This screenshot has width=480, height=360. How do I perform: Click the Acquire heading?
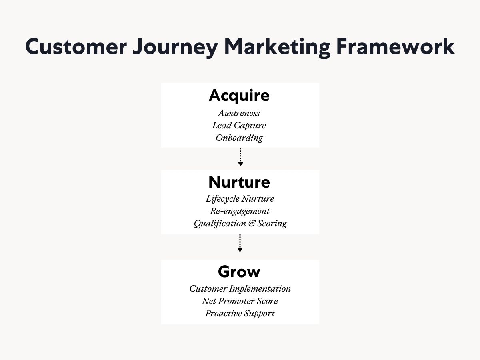[x=239, y=96]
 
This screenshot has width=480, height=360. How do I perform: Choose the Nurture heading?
[x=239, y=182]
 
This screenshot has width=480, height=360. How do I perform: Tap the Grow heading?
[x=239, y=272]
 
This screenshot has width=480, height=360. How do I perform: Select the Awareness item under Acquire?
[x=239, y=113]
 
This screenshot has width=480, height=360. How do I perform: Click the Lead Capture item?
[x=239, y=126]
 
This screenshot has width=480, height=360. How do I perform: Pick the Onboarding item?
[x=239, y=138]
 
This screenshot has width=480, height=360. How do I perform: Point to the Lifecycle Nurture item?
[x=240, y=199]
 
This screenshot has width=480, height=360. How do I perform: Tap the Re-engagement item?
[x=240, y=211]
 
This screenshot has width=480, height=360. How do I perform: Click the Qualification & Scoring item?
[x=240, y=224]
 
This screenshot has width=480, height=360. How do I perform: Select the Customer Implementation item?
[x=240, y=289]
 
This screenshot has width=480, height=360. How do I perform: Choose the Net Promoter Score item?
[x=240, y=301]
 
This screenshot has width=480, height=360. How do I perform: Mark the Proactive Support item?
[x=240, y=314]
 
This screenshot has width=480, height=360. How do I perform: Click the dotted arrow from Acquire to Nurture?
[x=240, y=157]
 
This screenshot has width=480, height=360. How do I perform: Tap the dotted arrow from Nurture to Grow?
[x=240, y=243]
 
